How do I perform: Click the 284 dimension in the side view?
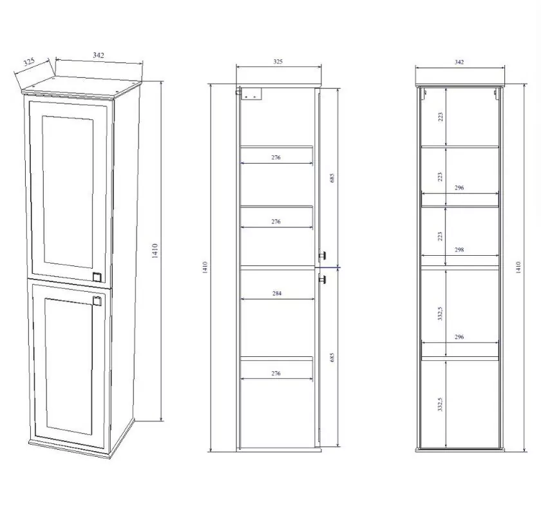pos(277,293)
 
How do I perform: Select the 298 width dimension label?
pos(459,249)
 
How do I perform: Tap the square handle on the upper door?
pos(97,277)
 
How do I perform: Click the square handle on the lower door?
pos(97,301)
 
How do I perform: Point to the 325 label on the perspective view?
pos(30,62)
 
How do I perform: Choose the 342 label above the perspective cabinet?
pos(99,55)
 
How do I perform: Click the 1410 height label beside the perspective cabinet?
pos(155,251)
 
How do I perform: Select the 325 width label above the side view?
pos(278,61)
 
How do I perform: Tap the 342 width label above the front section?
pos(459,62)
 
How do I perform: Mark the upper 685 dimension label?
pos(332,178)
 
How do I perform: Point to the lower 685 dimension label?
pos(332,357)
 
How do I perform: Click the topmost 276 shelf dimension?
pos(276,157)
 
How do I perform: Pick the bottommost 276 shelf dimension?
pos(276,373)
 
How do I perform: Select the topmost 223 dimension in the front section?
pos(441,117)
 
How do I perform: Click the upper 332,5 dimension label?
pos(441,313)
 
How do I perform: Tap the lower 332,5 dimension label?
pos(441,404)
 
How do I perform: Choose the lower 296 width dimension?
pos(459,337)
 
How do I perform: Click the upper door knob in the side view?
pos(323,255)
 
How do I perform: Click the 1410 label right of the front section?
pos(518,267)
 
